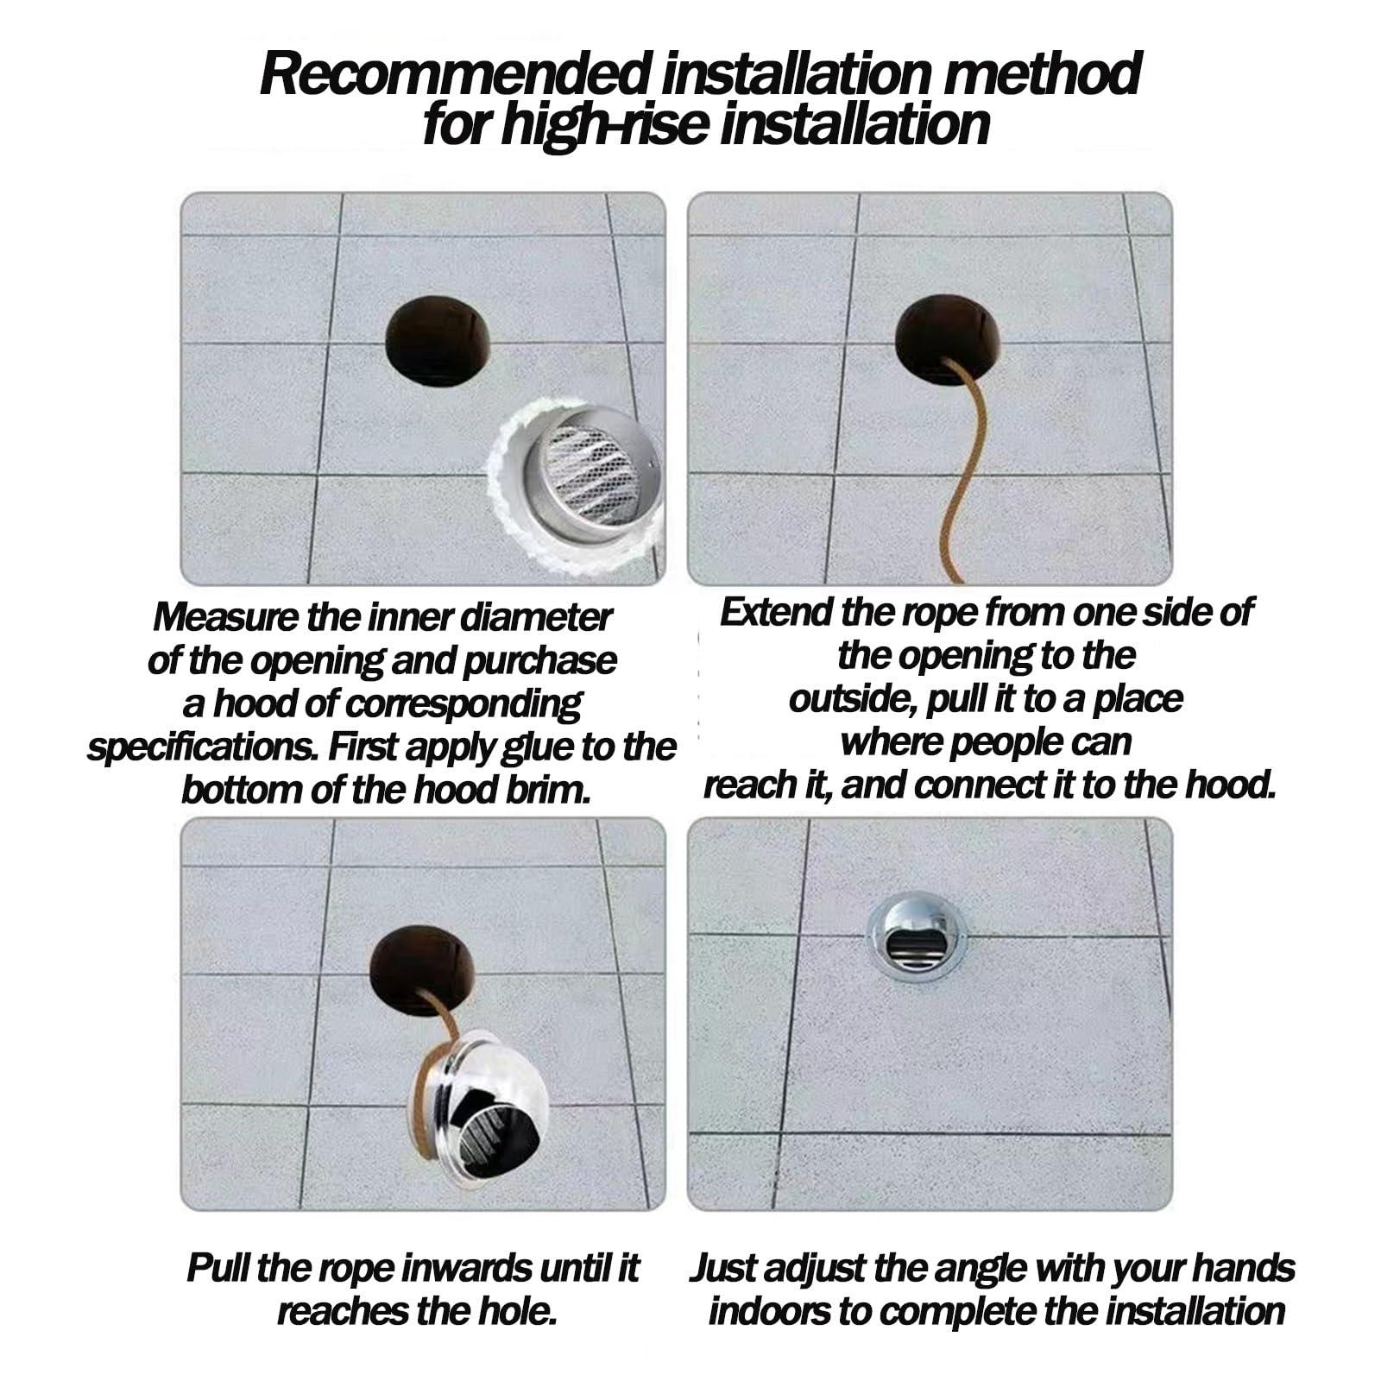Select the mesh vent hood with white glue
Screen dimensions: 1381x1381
pos(576,487)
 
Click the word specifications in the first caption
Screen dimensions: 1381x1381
pos(203,747)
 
